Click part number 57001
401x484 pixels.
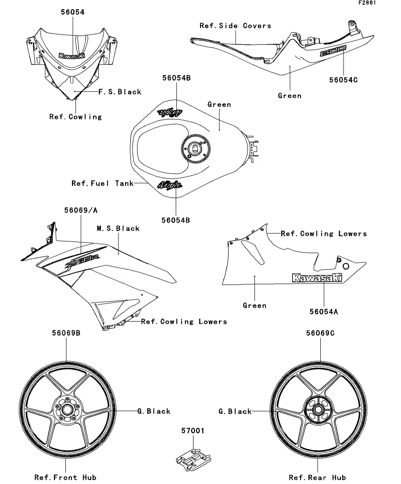pos(193,431)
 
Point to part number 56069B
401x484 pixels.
pos(66,333)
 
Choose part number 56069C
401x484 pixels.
pos(320,333)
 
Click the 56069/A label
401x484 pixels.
pos(81,211)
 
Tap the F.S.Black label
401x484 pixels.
pos(119,92)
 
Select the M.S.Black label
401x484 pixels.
pos(118,229)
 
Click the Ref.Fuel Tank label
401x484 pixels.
pos(102,183)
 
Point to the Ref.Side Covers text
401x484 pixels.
pos(235,26)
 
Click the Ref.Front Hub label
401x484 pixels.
pos(65,477)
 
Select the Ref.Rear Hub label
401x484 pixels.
pos(317,477)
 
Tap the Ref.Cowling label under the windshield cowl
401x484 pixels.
pos(75,117)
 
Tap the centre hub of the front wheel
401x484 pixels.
pos(67,410)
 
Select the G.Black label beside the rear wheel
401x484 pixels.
pos(235,412)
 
